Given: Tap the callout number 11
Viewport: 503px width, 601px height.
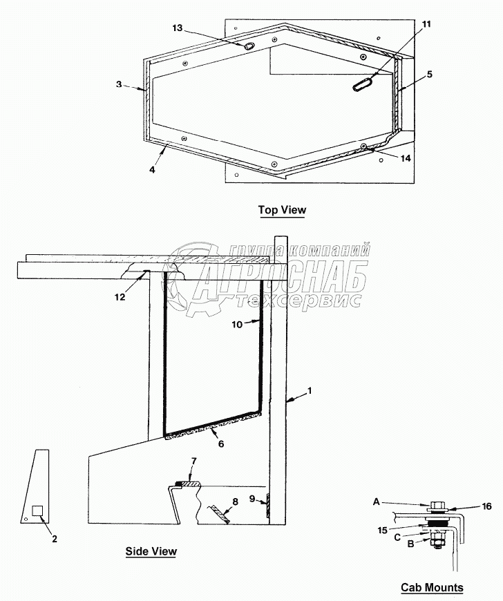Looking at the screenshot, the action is click(x=426, y=23).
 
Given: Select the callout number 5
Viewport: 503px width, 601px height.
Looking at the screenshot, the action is click(x=429, y=73).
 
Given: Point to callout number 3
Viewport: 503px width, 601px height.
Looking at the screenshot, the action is click(x=119, y=84).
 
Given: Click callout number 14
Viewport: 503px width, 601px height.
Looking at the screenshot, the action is click(x=405, y=158).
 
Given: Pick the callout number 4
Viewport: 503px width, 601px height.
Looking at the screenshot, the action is click(x=151, y=168).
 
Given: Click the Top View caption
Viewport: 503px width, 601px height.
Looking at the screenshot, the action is click(x=281, y=209).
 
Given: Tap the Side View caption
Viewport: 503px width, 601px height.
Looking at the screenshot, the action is click(x=151, y=551).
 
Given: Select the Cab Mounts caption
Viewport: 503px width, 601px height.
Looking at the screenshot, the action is click(x=432, y=588).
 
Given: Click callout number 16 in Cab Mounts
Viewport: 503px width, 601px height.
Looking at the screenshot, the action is click(x=487, y=506).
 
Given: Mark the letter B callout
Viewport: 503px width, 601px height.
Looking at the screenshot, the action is click(x=410, y=544).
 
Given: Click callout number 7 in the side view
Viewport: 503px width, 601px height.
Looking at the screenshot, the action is click(x=193, y=460).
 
